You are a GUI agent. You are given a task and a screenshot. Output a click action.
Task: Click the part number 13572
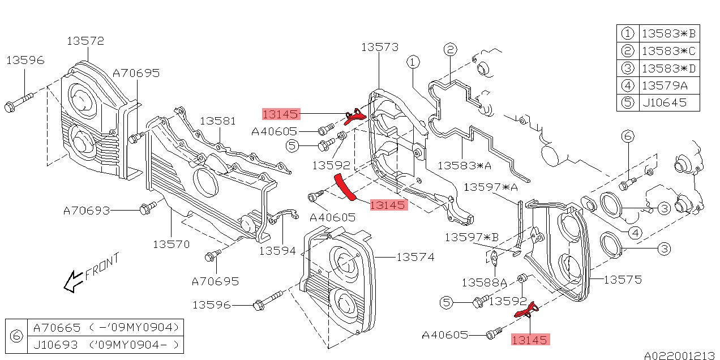pos(85,41)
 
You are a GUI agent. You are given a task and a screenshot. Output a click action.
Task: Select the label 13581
pos(218,121)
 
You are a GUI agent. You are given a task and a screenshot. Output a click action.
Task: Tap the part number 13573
pos(380,47)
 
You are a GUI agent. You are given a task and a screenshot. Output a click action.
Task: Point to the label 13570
pos(171,244)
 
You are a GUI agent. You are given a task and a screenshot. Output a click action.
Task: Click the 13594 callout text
pos(278,250)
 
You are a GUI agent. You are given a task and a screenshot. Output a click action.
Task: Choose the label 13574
pos(415,257)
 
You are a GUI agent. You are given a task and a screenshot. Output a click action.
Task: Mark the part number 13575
pos(623,279)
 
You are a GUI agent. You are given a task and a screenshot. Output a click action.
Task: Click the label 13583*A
pos(464,165)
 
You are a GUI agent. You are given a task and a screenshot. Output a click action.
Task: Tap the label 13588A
pos(484,281)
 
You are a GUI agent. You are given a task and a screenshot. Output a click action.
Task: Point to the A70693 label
pos(86,211)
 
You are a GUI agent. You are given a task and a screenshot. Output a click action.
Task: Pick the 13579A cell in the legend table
pos(663,86)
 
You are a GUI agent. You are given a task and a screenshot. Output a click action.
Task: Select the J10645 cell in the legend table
pos(663,102)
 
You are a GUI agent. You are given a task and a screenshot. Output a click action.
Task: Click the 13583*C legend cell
pos(668,51)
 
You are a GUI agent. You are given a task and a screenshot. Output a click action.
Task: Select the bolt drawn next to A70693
pos(145,209)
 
